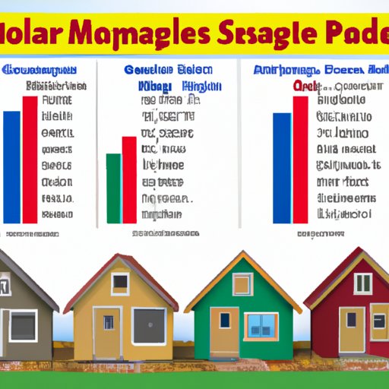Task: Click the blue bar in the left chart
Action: pyautogui.click(x=12, y=166)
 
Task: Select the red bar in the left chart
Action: pyautogui.click(x=30, y=160)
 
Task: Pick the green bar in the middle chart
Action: pyautogui.click(x=113, y=188)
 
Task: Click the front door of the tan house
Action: pyautogui.click(x=106, y=331)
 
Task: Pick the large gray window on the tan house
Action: pyautogui.click(x=148, y=325)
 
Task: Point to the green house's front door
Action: pyautogui.click(x=224, y=333)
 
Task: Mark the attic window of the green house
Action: pyautogui.click(x=242, y=284)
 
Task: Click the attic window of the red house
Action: pyautogui.click(x=363, y=283)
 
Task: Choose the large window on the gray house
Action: pyautogui.click(x=23, y=325)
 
